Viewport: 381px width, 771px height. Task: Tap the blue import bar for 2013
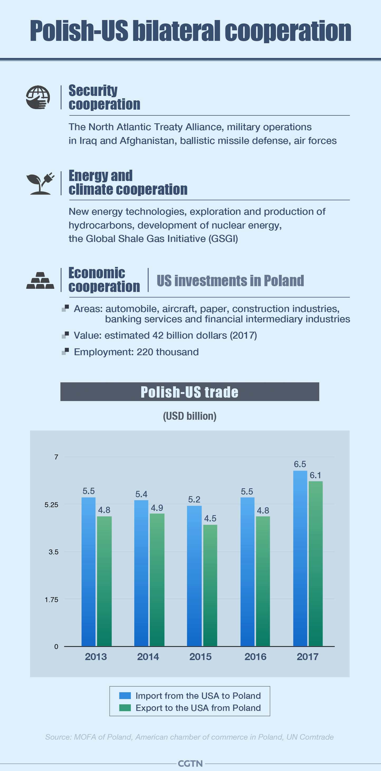click(x=88, y=572)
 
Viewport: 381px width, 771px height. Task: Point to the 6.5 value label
click(x=300, y=464)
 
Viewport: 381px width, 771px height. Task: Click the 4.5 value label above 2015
click(x=210, y=518)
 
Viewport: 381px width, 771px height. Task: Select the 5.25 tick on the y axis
click(x=51, y=505)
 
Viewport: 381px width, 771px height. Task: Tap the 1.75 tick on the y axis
click(x=51, y=599)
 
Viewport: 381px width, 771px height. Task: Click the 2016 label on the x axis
click(x=255, y=657)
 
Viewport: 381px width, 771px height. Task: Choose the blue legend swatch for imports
click(x=125, y=695)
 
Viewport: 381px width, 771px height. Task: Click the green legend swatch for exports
click(x=125, y=707)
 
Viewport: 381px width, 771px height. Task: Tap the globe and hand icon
click(x=38, y=97)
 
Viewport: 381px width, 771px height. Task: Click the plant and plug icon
click(x=40, y=183)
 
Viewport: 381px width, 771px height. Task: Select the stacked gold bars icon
click(x=40, y=280)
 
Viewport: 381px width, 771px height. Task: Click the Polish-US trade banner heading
click(x=189, y=392)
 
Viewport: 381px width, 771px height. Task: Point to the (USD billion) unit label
click(x=189, y=416)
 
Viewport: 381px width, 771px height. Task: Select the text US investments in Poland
click(x=230, y=281)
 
